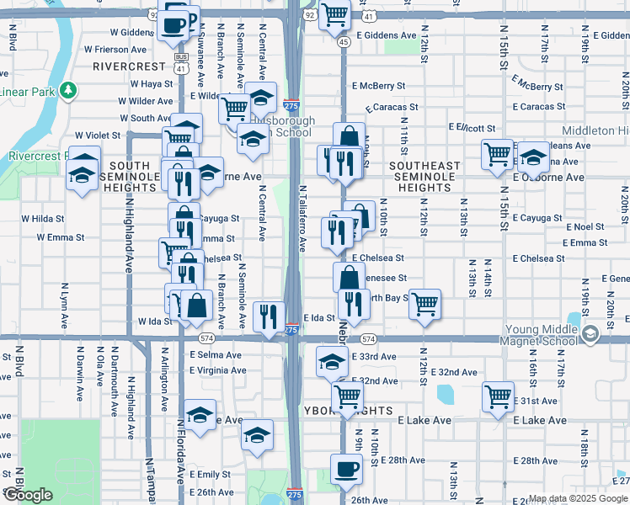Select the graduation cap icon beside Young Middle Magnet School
point(590,334)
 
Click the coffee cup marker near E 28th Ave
point(345,469)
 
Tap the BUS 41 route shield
point(180,61)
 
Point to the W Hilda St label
point(43,218)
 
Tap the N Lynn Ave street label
point(65,310)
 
